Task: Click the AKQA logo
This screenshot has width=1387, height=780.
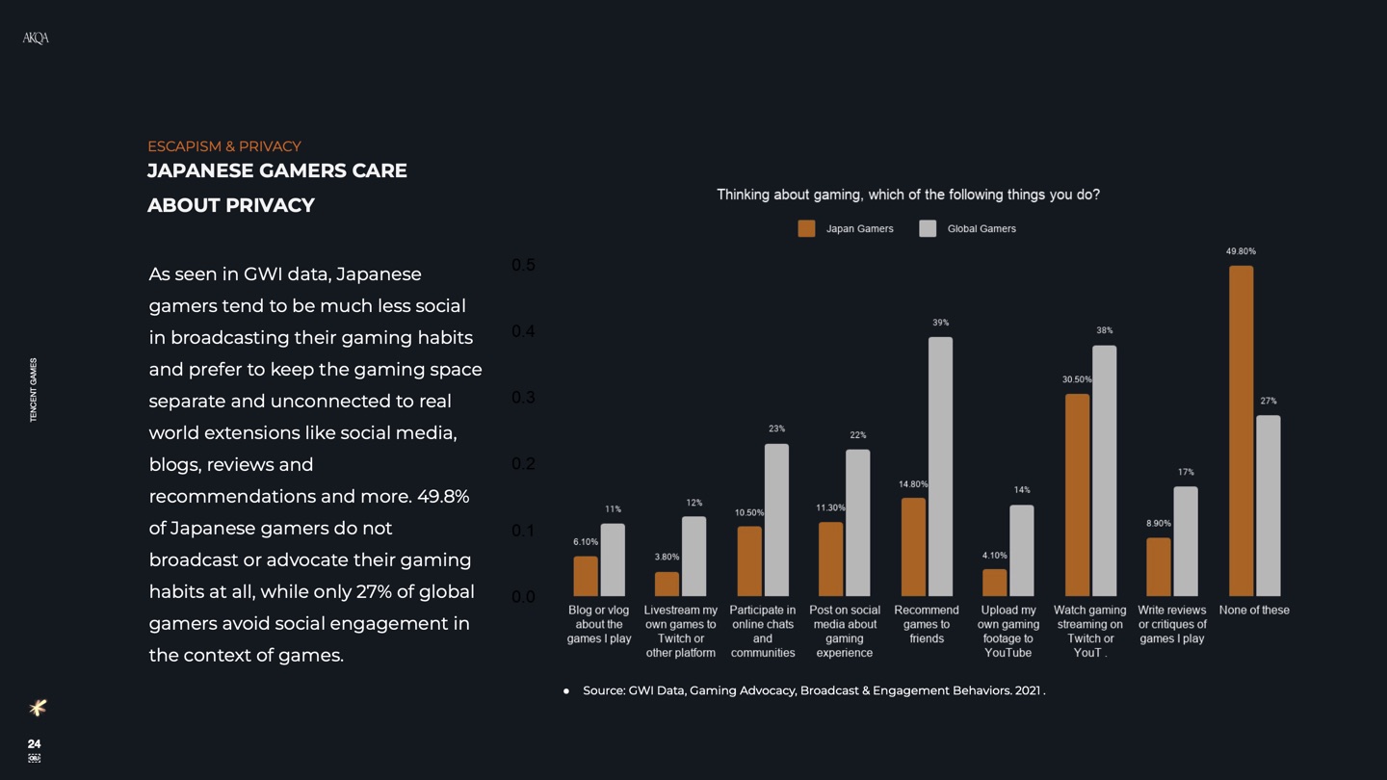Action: click(x=36, y=38)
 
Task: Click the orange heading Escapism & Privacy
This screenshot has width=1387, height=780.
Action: click(x=223, y=146)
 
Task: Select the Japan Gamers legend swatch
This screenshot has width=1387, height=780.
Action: click(x=806, y=228)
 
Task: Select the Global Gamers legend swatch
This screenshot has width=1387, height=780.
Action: click(x=928, y=228)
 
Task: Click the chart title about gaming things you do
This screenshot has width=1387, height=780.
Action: click(x=907, y=195)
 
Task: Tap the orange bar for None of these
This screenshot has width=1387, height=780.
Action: click(x=1241, y=430)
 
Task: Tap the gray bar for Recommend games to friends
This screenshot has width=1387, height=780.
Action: click(x=940, y=466)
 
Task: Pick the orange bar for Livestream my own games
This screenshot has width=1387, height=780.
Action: click(x=667, y=584)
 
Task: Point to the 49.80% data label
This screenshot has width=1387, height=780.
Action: click(x=1241, y=251)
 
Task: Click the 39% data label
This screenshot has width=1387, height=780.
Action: click(x=940, y=323)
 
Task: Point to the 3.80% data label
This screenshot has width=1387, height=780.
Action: click(x=667, y=557)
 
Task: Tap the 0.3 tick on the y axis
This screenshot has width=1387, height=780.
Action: click(x=523, y=398)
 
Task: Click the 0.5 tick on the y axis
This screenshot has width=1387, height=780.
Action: click(x=523, y=265)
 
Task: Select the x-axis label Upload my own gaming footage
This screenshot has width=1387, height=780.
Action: click(x=1008, y=631)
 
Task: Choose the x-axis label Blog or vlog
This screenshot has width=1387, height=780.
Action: click(x=598, y=624)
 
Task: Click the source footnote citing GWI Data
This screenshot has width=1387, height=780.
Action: click(x=813, y=690)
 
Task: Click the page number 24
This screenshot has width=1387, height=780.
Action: click(x=34, y=743)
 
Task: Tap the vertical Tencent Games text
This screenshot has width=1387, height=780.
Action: click(x=34, y=390)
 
